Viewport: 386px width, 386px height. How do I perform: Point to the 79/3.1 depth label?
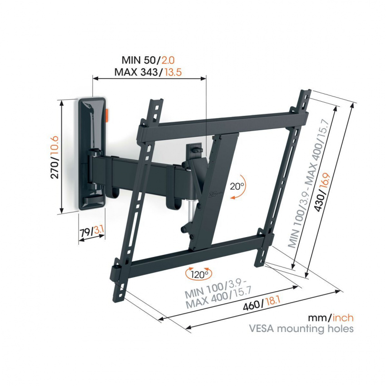92,232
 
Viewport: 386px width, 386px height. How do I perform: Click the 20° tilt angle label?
237,186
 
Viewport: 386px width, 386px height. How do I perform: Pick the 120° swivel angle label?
200,273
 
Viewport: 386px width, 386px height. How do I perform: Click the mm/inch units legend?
331,317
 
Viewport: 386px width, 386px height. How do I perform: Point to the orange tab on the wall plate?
107,115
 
